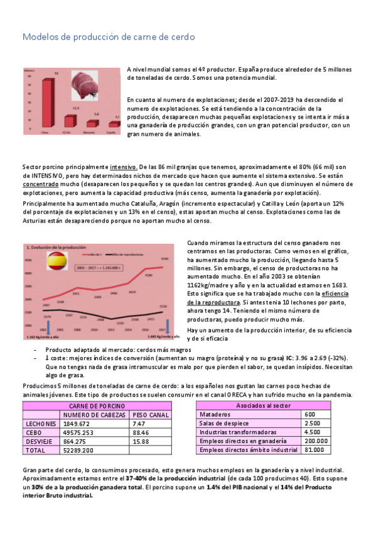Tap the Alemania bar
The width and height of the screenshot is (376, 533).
89,126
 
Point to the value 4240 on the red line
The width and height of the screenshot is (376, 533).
164,258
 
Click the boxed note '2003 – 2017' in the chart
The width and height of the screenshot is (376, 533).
99,267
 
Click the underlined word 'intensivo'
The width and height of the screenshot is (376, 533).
124,167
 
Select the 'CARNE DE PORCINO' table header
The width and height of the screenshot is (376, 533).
95,406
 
